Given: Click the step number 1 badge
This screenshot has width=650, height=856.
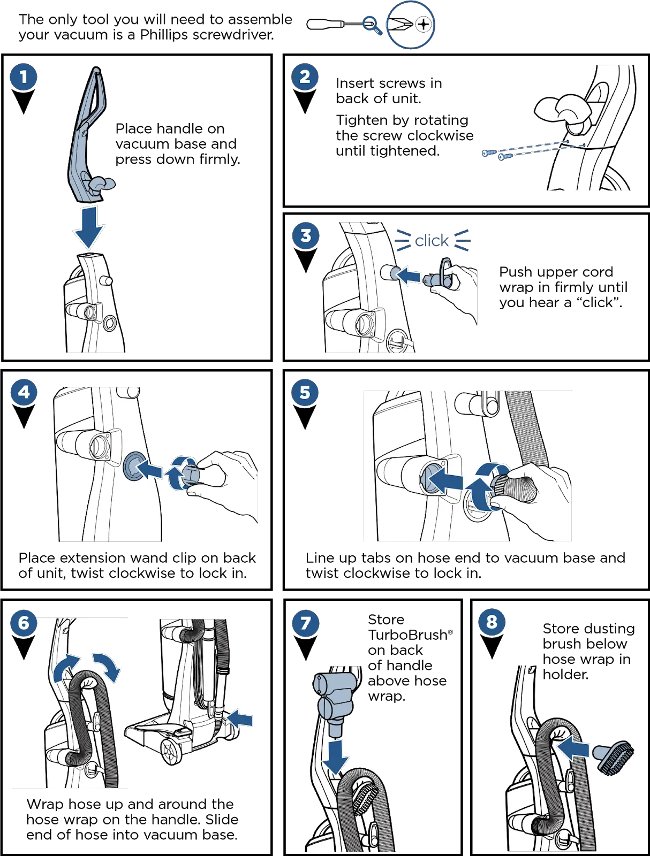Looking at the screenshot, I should point(24,77).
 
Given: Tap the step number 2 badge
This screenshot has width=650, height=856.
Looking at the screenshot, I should point(305,77).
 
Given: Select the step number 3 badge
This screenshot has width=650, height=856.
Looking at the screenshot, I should point(306,235).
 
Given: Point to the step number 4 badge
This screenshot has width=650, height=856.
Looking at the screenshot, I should point(24,392).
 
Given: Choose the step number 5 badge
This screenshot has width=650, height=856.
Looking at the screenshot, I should point(305,392).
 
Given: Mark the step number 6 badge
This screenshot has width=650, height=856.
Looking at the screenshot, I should point(24,623).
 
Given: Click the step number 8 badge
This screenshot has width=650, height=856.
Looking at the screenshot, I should point(492,622).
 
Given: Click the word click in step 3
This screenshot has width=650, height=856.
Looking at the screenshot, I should point(432,241).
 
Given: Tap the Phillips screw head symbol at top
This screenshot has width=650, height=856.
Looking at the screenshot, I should point(423,24).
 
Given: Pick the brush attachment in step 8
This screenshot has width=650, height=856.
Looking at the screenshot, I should point(616,756).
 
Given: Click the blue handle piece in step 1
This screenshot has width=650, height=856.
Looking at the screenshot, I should point(88,134).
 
